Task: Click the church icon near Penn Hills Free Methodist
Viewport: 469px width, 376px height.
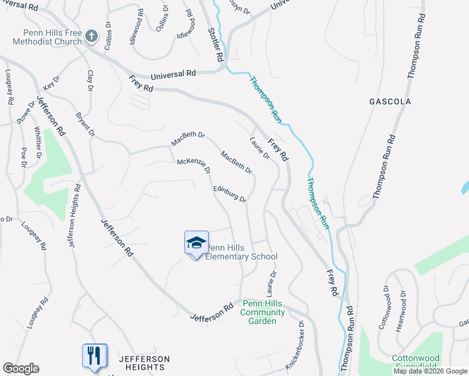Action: (x=92, y=36)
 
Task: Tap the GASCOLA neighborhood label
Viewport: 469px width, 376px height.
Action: (x=390, y=102)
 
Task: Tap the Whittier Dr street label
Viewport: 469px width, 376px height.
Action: (x=38, y=142)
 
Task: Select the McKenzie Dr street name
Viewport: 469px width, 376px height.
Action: (x=193, y=166)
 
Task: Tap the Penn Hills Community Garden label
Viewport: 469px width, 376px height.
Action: (x=263, y=312)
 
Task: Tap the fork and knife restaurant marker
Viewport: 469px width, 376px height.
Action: (x=94, y=355)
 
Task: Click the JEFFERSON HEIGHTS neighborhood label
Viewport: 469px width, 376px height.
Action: (x=144, y=363)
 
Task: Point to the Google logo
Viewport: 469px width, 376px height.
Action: (x=21, y=368)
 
